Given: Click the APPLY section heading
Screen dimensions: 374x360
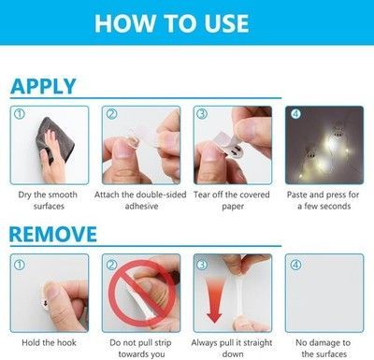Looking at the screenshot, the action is point(43,86).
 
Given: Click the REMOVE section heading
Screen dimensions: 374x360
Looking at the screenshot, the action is point(53,235).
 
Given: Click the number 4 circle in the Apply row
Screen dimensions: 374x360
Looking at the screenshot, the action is point(295,114).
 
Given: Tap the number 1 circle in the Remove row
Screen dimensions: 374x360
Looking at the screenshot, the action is point(20,265).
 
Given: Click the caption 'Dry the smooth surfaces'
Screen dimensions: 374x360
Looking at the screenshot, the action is point(48,200).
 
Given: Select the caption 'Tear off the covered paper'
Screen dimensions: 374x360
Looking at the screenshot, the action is point(232,200).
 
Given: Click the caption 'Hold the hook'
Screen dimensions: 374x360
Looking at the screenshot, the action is point(49,342).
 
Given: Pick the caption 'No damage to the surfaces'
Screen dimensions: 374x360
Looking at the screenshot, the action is point(324,348).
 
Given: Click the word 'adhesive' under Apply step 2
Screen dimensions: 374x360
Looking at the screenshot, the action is point(141,206).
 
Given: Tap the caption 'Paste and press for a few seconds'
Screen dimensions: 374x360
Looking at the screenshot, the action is point(324,200).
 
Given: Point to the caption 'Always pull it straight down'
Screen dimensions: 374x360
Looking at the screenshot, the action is point(232,348).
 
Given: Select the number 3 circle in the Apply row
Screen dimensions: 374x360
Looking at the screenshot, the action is point(202,114).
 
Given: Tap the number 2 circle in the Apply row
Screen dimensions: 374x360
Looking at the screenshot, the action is point(111,114).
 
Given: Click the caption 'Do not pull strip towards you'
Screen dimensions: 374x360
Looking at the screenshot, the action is point(141,348).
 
